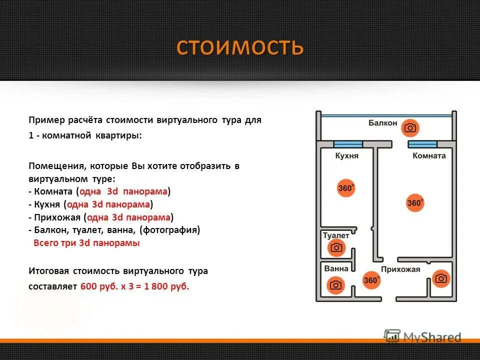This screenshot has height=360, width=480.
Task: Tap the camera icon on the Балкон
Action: [x=410, y=128]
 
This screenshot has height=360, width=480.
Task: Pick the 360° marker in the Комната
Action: [x=415, y=203]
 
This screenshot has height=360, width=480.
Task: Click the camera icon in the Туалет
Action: [x=336, y=247]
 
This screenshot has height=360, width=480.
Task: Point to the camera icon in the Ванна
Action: [x=335, y=285]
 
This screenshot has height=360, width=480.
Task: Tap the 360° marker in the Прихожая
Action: [x=371, y=280]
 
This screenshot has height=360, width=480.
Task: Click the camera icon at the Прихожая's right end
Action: [x=440, y=278]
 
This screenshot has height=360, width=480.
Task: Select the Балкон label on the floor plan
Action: [x=382, y=123]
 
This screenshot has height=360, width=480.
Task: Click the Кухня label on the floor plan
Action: [x=346, y=156]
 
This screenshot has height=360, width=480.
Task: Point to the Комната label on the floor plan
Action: [x=429, y=156]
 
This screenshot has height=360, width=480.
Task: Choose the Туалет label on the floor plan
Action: [x=336, y=235]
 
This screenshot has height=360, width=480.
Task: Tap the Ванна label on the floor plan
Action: [x=336, y=269]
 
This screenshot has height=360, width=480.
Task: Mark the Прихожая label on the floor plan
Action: [x=400, y=269]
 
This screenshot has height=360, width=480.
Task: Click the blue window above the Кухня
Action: [x=348, y=144]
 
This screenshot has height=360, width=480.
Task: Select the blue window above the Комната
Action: [x=422, y=144]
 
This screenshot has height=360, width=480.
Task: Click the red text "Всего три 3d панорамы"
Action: [x=86, y=243]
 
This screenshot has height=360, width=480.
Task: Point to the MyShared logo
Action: [x=422, y=337]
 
